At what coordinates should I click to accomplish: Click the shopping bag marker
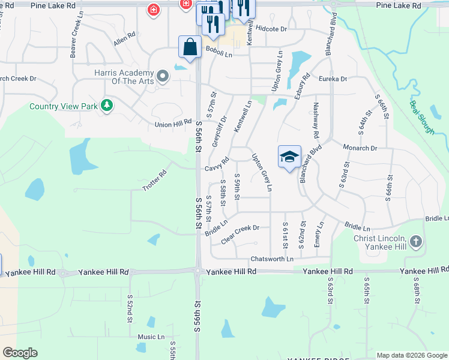[x=190, y=47]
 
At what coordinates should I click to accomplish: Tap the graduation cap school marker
[x=289, y=157]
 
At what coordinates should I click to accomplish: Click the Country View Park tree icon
[x=107, y=106]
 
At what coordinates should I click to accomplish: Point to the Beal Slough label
[x=422, y=117]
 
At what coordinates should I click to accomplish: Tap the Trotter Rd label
[x=154, y=181]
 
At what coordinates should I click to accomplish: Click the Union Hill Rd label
[x=173, y=124]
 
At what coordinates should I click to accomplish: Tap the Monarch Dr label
[x=360, y=148]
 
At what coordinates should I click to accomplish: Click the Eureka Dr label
[x=333, y=79]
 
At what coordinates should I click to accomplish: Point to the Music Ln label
[x=151, y=337]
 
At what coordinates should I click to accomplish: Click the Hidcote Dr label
[x=271, y=28]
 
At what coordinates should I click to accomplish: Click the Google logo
[x=20, y=353]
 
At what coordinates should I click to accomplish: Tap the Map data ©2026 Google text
[x=411, y=355]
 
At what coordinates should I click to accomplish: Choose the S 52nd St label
[x=130, y=308]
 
